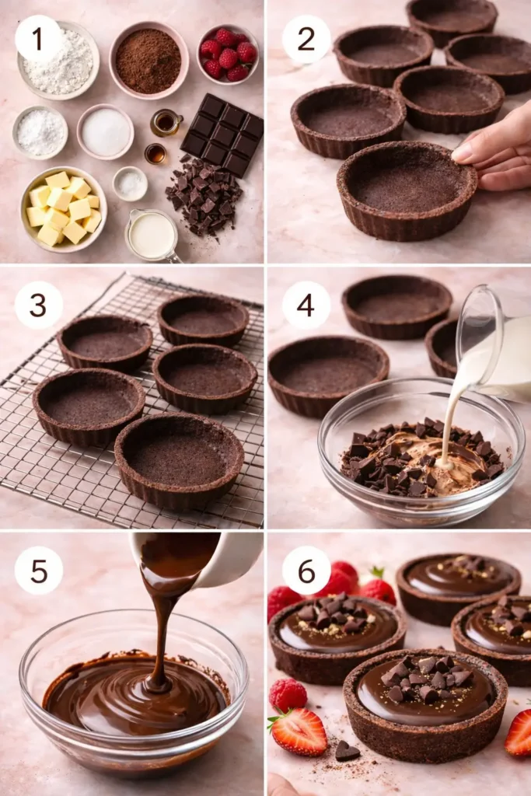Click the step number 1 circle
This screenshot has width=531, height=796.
37,38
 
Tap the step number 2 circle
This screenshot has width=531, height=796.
306,38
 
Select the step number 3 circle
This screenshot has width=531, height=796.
37,305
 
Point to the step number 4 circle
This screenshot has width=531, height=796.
306,305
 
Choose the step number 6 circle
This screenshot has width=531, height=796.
306,571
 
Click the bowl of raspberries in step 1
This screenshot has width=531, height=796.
228,54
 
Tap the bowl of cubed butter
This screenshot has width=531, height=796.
63,208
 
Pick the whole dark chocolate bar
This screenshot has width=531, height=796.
223,134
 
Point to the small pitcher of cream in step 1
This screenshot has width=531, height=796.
152,236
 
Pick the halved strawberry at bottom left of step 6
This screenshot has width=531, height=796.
299,731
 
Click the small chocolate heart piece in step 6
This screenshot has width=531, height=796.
346,751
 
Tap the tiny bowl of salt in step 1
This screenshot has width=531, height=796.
130,183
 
